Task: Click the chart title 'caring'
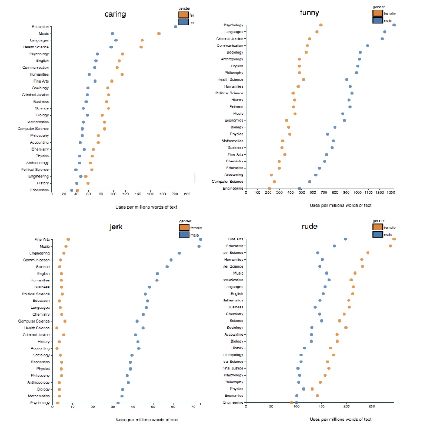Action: tap(115, 14)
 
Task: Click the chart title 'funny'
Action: tap(309, 13)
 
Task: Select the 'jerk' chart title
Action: tap(116, 227)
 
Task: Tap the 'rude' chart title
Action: tap(309, 227)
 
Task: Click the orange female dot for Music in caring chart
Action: tap(159, 33)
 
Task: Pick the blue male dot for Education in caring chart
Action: tap(175, 26)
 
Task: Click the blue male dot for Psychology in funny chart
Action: tap(394, 25)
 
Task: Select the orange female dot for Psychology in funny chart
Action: tap(321, 25)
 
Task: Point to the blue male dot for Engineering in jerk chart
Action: tap(179, 253)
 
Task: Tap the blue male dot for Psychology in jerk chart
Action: tap(118, 403)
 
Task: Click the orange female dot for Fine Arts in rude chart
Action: tap(394, 239)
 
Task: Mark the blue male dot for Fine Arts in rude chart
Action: tap(345, 239)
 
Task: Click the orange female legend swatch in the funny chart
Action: tap(378, 13)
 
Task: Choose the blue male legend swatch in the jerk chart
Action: tap(184, 235)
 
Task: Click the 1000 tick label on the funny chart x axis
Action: tap(358, 192)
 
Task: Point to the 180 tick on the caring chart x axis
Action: tap(162, 194)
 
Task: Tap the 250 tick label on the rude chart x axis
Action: tap(372, 406)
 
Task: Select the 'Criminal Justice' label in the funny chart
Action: tap(230, 39)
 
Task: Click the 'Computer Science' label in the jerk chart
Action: tap(34, 321)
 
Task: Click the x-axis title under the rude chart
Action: tap(340, 419)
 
